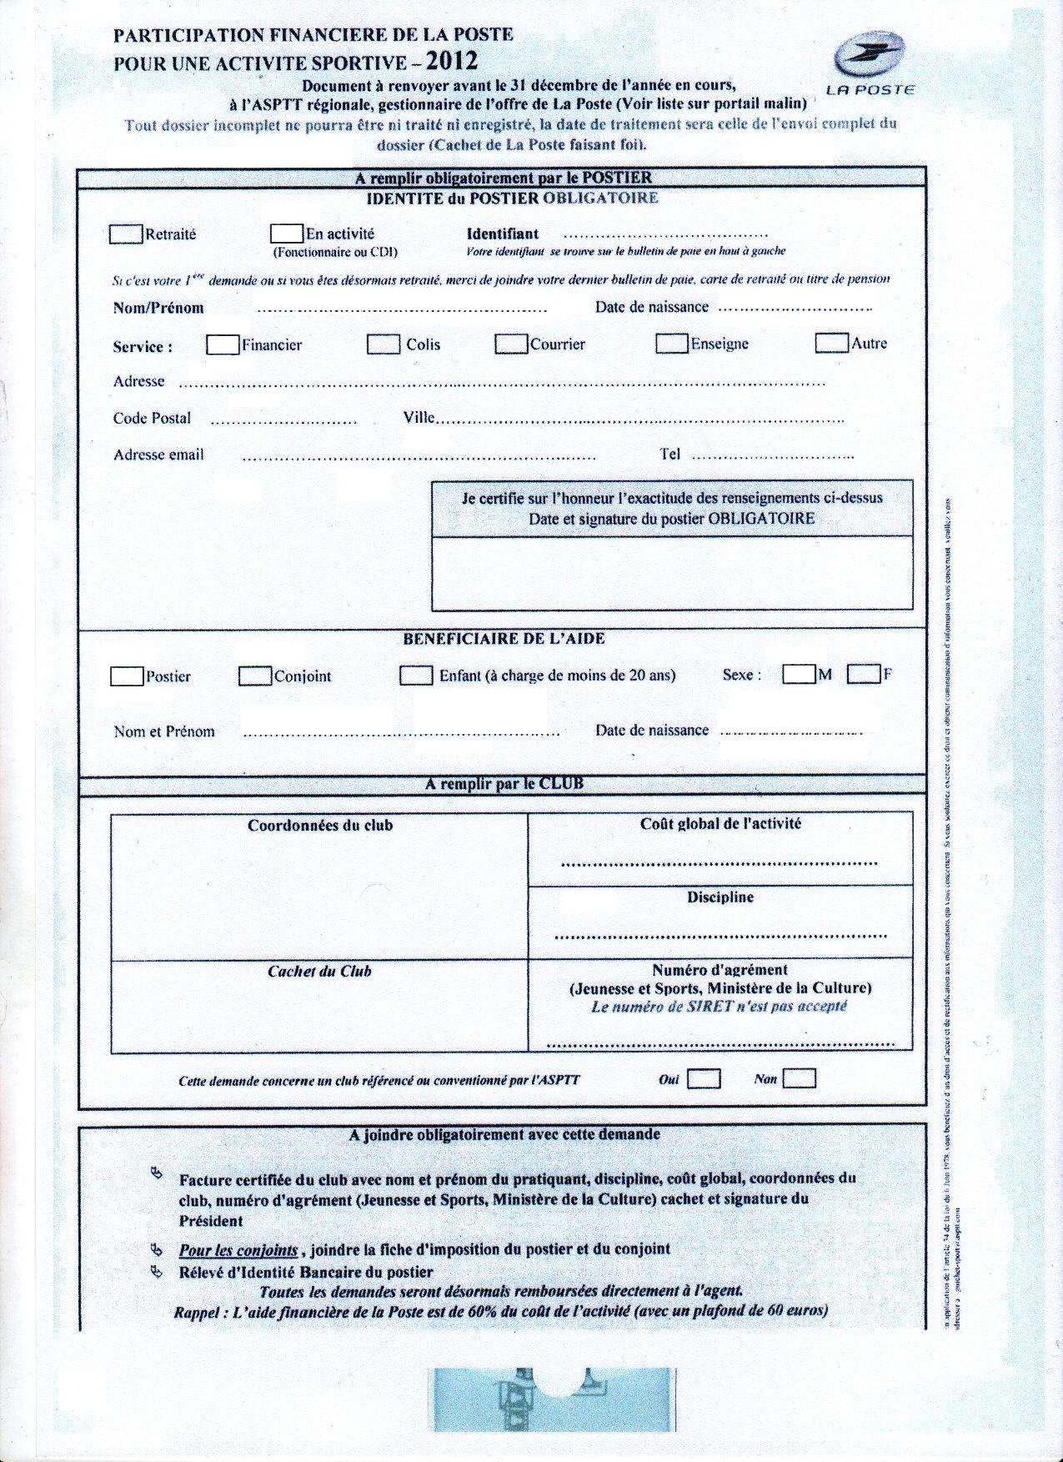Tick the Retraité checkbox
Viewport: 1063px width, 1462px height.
125,234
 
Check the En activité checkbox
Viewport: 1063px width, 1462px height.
287,234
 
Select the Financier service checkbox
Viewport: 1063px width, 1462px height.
223,344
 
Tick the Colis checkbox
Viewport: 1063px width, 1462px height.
384,344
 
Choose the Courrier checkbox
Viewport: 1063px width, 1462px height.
511,344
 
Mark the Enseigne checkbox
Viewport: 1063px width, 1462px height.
671,344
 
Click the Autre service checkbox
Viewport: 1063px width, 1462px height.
831,343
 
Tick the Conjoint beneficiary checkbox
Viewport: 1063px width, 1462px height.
255,676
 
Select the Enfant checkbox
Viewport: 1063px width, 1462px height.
416,675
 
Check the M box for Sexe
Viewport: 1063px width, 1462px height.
799,674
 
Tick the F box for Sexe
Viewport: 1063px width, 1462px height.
864,674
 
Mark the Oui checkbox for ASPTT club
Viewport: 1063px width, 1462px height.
704,1079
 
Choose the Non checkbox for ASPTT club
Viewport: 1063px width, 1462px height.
800,1079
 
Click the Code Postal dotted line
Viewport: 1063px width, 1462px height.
283,422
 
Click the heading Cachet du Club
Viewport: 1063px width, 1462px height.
319,972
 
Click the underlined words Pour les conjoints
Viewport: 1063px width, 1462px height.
238,1250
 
